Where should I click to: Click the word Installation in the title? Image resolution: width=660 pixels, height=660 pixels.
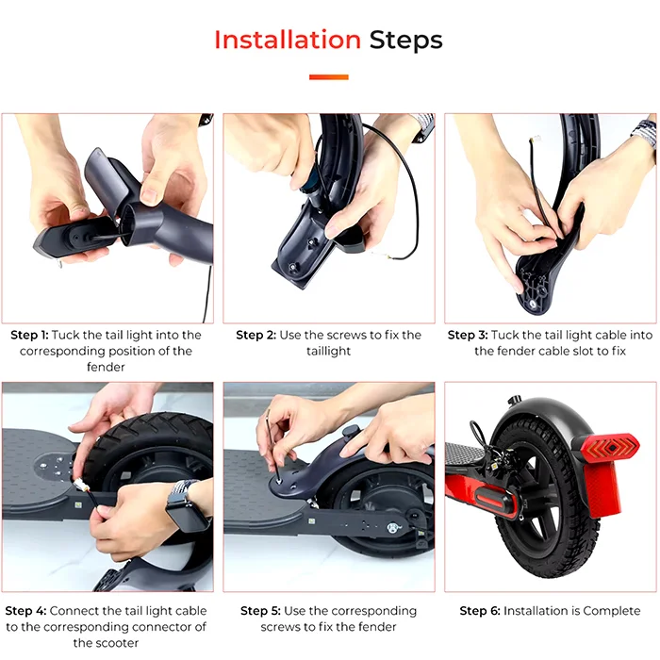point(288,40)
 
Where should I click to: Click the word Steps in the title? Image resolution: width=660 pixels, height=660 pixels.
point(405,41)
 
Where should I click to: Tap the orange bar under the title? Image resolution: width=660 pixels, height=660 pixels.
point(329,77)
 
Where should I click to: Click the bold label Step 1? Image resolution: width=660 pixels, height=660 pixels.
point(29,335)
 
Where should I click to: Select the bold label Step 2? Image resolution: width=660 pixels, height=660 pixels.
point(256,335)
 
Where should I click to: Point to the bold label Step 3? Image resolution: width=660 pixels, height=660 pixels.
point(468,335)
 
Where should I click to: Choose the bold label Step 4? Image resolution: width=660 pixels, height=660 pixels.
point(25,611)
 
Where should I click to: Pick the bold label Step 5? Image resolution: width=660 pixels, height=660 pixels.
point(260,611)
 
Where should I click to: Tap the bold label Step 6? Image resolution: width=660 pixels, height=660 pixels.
point(480,611)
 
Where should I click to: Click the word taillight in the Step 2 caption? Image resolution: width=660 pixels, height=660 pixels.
point(329,352)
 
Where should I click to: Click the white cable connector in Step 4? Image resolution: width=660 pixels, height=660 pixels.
point(81,486)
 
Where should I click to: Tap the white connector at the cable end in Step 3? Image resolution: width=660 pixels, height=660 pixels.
point(536,139)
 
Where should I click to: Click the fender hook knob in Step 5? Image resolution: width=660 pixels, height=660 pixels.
point(350,432)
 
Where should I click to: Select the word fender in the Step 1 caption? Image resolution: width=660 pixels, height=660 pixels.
point(106,367)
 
